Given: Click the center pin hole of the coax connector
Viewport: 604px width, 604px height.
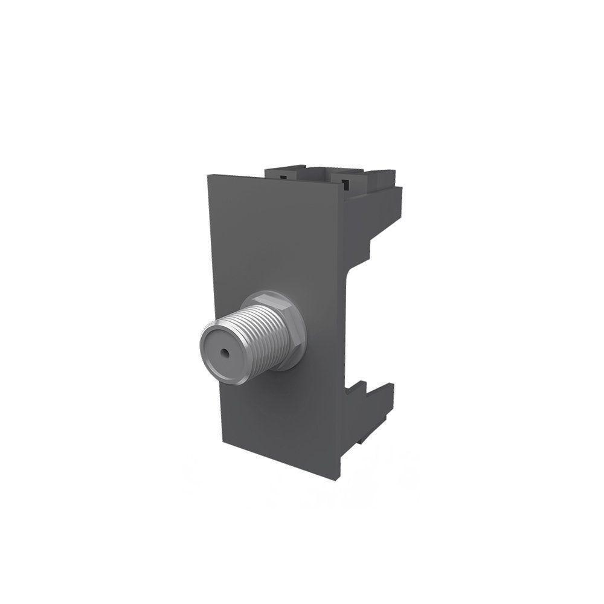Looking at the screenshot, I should pyautogui.click(x=224, y=350).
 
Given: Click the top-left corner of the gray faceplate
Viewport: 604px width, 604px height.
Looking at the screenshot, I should pyautogui.click(x=209, y=176).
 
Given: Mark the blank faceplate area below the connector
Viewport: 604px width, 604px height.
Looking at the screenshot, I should pyautogui.click(x=278, y=423).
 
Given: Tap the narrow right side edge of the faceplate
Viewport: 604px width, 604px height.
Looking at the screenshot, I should pyautogui.click(x=341, y=332).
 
